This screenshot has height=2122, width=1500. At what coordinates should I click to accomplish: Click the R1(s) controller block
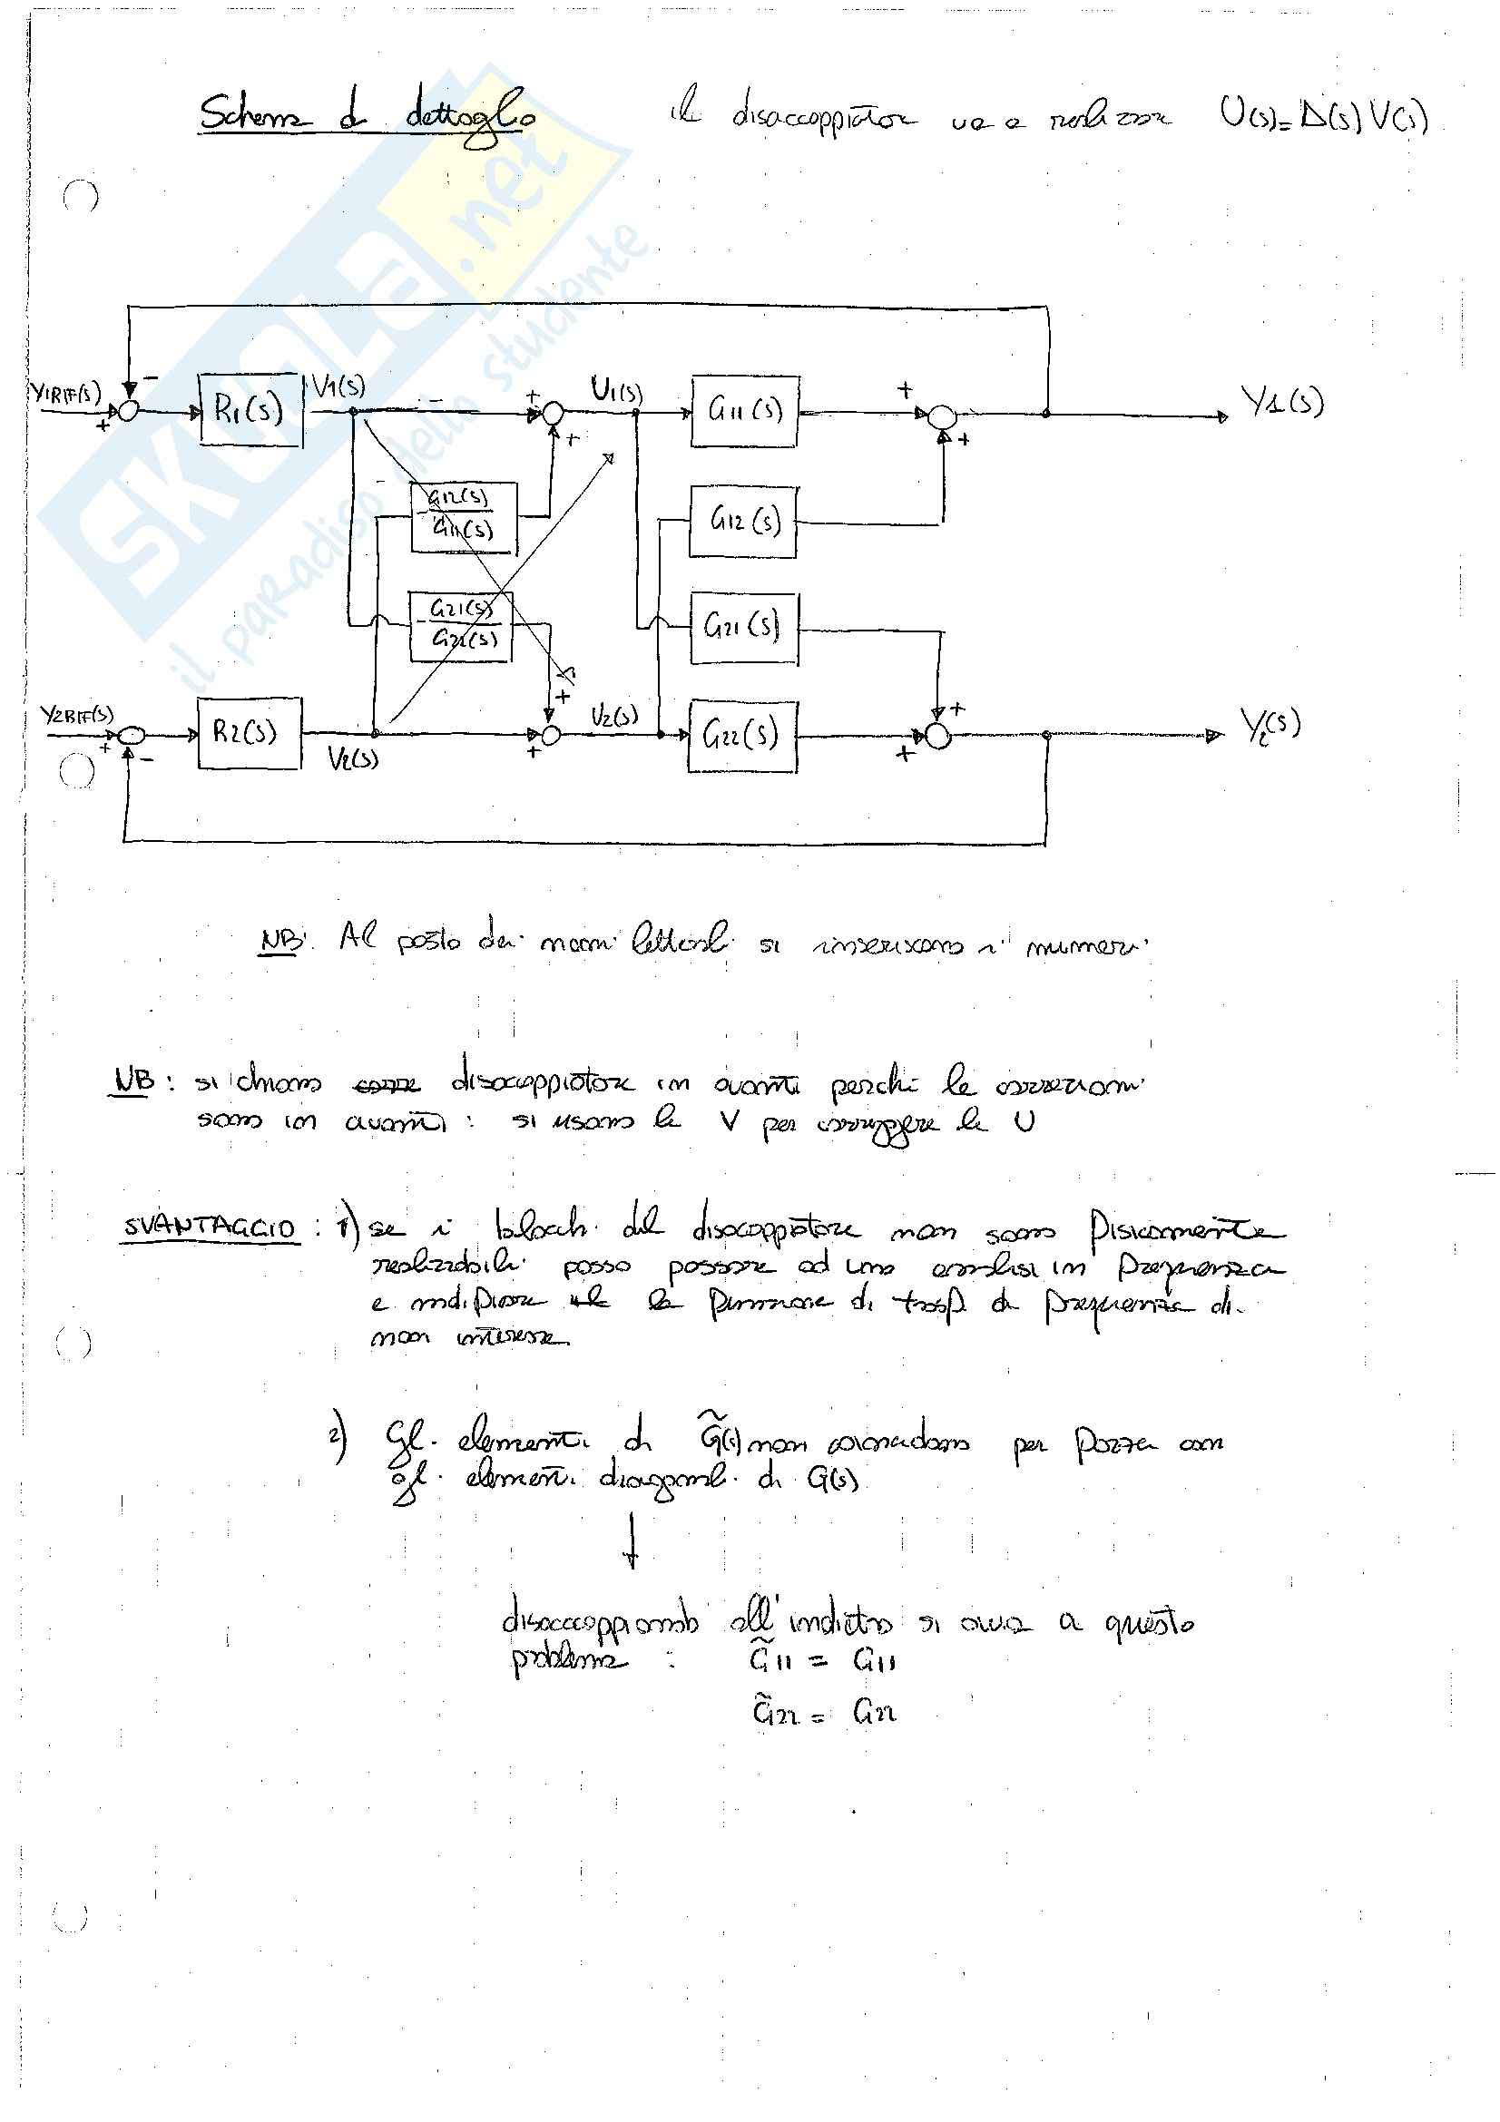coord(250,410)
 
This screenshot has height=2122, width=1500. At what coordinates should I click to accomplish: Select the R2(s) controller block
coord(249,734)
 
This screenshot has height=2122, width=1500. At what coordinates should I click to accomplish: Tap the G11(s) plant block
coord(744,411)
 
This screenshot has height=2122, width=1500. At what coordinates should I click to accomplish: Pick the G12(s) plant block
coord(743,523)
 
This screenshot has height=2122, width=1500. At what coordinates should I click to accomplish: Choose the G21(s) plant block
coord(743,629)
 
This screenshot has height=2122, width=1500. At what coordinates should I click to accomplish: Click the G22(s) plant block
coord(742,736)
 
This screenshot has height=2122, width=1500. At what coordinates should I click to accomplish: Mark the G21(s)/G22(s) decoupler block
coord(460,625)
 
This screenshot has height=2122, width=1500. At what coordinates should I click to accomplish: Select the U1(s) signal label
coord(616,391)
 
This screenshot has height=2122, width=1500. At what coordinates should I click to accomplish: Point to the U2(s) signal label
coord(614,717)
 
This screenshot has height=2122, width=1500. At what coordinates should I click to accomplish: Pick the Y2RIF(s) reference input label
coord(77,715)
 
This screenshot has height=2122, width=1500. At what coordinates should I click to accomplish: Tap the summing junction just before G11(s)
coord(553,413)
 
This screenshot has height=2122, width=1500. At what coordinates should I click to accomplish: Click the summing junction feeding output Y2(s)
coord(938,737)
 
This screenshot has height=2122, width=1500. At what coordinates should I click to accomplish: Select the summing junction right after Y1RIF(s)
coord(129,412)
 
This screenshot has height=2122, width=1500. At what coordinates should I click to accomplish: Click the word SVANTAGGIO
coord(210,1228)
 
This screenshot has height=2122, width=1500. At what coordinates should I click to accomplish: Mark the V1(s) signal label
coord(338,386)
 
